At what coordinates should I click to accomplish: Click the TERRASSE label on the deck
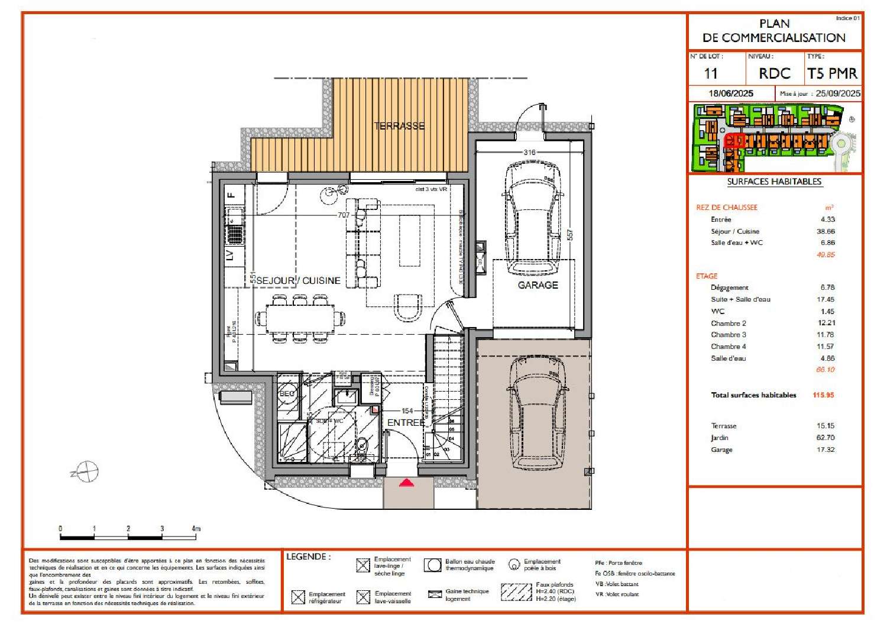[399, 126]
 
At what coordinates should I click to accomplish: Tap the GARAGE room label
[538, 285]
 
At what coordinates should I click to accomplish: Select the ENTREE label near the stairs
[406, 423]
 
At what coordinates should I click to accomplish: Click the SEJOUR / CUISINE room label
[298, 280]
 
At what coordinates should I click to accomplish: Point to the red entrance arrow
[406, 483]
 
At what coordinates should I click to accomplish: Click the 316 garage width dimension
[529, 153]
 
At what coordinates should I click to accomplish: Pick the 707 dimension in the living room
[344, 215]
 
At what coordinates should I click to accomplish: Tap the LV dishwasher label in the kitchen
[230, 256]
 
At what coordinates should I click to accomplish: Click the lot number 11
[711, 74]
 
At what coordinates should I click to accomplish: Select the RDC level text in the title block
[775, 74]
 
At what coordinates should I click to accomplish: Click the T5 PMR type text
[832, 74]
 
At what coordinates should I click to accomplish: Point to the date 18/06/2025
[731, 93]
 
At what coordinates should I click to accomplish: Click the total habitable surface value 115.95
[823, 395]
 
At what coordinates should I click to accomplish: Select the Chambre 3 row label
[728, 335]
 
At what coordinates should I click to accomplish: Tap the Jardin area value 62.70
[825, 438]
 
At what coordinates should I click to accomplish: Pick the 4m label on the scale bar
[196, 528]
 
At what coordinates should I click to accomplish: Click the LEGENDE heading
[308, 557]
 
